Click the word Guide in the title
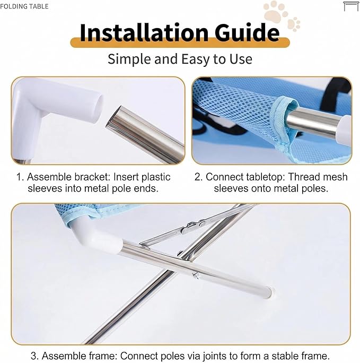click(x=247, y=32)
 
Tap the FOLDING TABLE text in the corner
click(x=24, y=6)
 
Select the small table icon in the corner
click(x=351, y=6)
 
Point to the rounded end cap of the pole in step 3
click(x=268, y=292)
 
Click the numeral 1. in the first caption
click(x=20, y=177)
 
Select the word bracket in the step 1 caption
click(x=92, y=177)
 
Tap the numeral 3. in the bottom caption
click(x=34, y=356)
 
